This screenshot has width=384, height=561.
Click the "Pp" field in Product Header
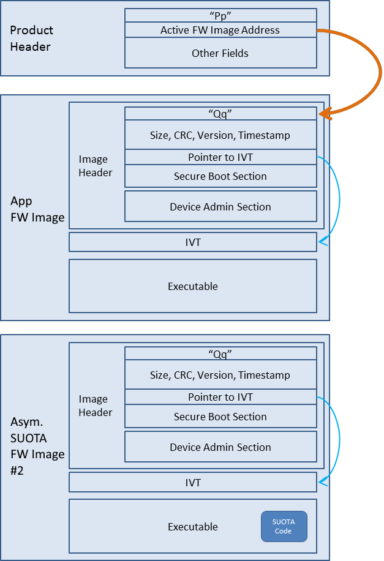(x=220, y=15)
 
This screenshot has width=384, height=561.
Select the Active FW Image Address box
(x=220, y=30)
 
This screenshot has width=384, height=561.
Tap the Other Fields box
(x=220, y=53)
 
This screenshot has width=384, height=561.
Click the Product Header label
(x=31, y=39)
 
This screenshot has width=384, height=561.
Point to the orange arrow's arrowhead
(x=324, y=114)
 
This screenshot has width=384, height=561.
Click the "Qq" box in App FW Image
(x=220, y=113)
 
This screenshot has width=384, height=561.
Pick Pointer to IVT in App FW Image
(x=220, y=157)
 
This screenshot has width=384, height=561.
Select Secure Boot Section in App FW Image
(x=220, y=176)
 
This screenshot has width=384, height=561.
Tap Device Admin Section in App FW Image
(x=220, y=206)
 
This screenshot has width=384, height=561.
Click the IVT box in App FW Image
(x=193, y=242)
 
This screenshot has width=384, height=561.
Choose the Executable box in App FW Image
(x=193, y=286)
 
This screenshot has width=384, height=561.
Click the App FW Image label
(x=37, y=209)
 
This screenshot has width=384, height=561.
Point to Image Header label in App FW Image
(x=96, y=166)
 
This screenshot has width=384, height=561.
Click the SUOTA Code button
(x=284, y=526)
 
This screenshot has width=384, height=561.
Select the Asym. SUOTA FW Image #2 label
(x=37, y=446)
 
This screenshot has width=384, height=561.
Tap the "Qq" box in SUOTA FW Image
(x=220, y=354)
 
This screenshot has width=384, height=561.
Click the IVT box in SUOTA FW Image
(x=193, y=482)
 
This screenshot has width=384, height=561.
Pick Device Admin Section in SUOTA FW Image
(x=220, y=447)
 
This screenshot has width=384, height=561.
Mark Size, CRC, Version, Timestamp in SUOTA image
(x=220, y=374)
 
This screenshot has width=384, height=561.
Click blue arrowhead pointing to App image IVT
(x=322, y=242)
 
